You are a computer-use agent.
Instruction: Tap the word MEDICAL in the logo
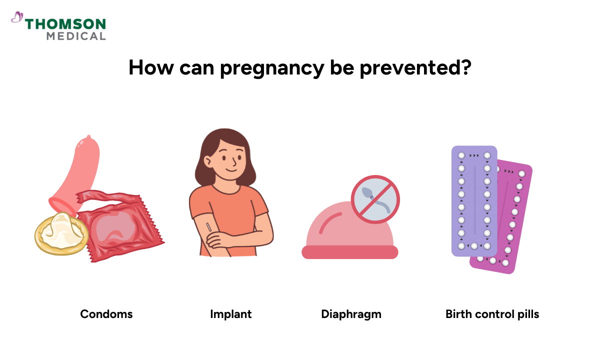(76, 36)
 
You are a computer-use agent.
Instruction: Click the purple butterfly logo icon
(17, 18)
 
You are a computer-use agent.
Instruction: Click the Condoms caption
(106, 314)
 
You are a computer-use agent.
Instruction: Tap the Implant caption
(230, 314)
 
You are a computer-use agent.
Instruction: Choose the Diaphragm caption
(351, 314)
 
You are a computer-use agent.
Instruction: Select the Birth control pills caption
(492, 314)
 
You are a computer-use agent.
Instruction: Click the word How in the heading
(147, 67)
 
